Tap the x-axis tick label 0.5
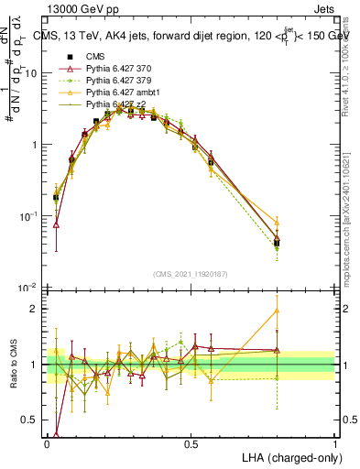pyautogui.click(x=191, y=443)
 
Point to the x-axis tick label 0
pyautogui.click(x=48, y=443)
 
